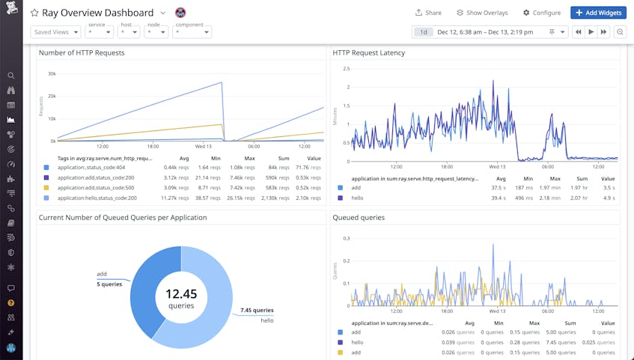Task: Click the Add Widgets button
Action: click(x=598, y=13)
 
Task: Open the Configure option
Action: click(x=542, y=13)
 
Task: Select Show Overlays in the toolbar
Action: click(x=482, y=13)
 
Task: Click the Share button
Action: click(x=428, y=13)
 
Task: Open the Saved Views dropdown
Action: click(x=55, y=32)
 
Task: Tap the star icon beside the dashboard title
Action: click(x=34, y=13)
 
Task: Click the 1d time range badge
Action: click(x=424, y=32)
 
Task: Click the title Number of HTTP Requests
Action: click(x=82, y=53)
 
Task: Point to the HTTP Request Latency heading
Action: click(x=368, y=53)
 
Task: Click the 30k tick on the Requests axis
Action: click(x=51, y=73)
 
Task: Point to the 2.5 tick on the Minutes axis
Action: click(x=346, y=69)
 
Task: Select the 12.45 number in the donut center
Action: click(x=181, y=293)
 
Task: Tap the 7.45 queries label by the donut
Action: click(x=257, y=310)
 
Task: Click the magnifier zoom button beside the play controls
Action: click(x=620, y=32)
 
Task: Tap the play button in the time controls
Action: click(x=591, y=32)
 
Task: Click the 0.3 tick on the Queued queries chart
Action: click(x=346, y=238)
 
